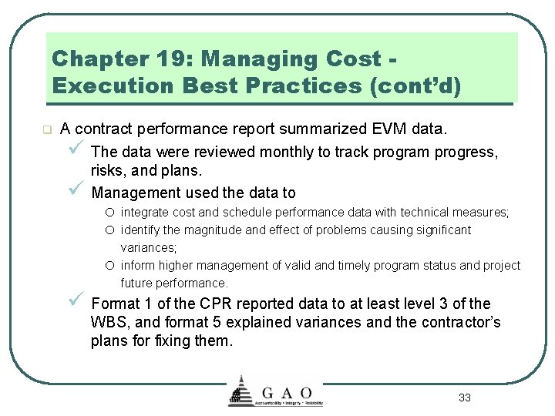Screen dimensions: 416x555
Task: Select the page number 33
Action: (x=464, y=398)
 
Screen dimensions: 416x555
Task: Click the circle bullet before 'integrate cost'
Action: (x=112, y=212)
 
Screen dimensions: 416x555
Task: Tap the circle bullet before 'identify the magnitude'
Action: (x=112, y=230)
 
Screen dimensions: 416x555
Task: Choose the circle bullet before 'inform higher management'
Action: (x=112, y=265)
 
